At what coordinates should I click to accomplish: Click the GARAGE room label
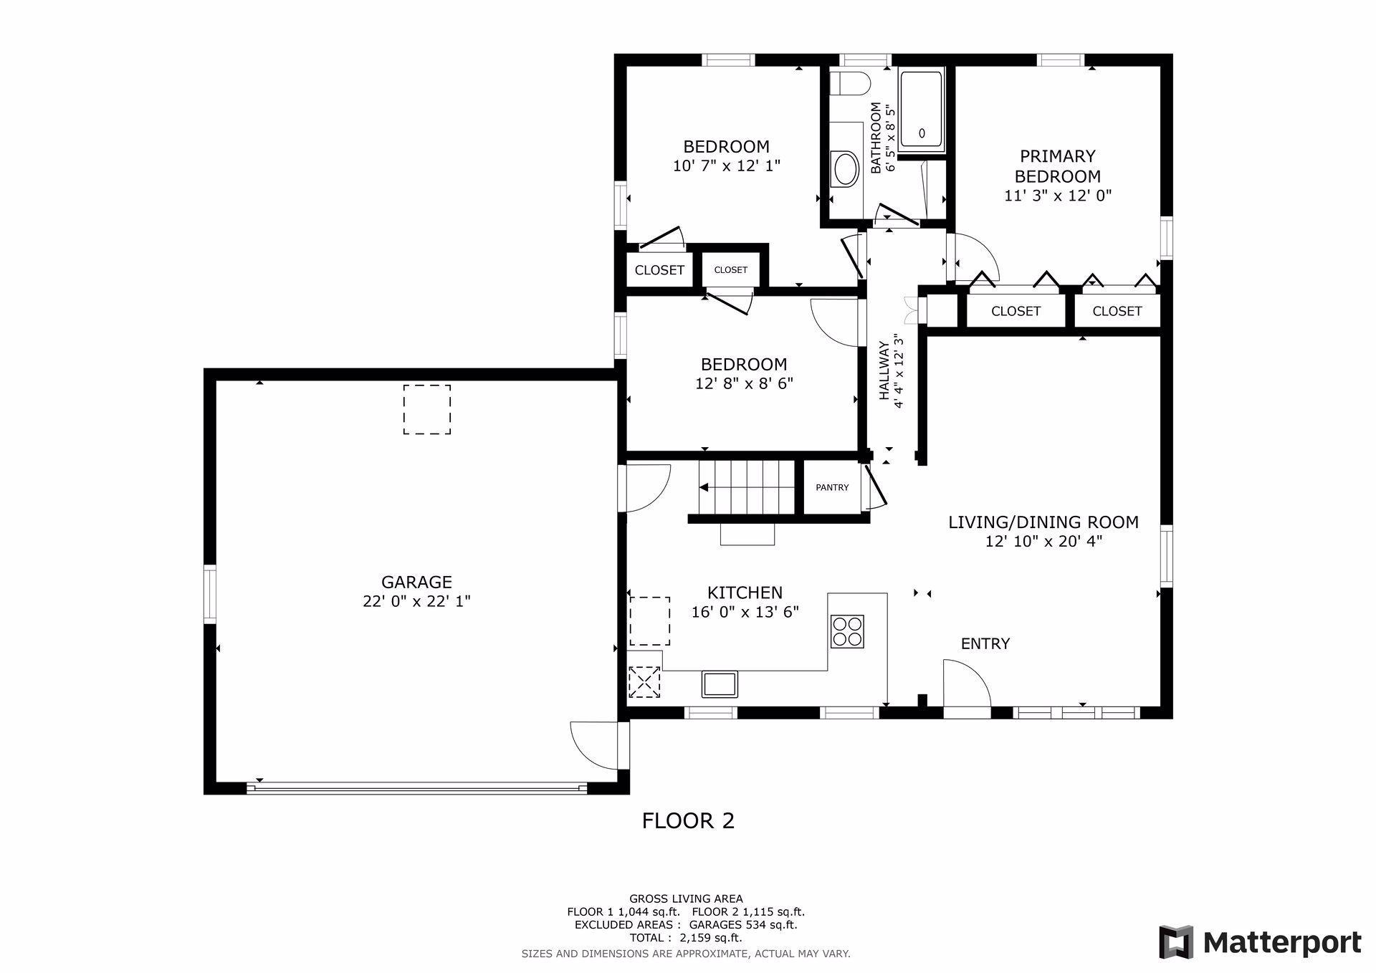coord(416,582)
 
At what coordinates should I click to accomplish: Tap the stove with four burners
coord(847,631)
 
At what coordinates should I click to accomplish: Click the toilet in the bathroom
coord(850,83)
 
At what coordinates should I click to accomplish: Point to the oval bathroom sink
coord(845,170)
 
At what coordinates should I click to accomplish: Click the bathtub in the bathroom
coord(922,110)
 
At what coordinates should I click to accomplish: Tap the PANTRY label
coord(832,487)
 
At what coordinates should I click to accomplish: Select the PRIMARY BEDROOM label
coord(1058,166)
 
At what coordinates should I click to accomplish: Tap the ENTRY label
coord(985,643)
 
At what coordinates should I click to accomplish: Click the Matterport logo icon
coord(1176,941)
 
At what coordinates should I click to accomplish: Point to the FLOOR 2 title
coord(688,820)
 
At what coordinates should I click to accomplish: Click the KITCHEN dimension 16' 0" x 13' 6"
coord(745,612)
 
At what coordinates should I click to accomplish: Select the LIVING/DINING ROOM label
coord(1043,522)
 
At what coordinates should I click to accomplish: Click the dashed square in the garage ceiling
coord(427,409)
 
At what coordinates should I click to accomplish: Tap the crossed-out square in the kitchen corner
coord(644,681)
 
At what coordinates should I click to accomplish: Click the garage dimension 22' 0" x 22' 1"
coord(416,601)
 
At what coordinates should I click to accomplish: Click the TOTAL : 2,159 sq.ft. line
coord(686,938)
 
